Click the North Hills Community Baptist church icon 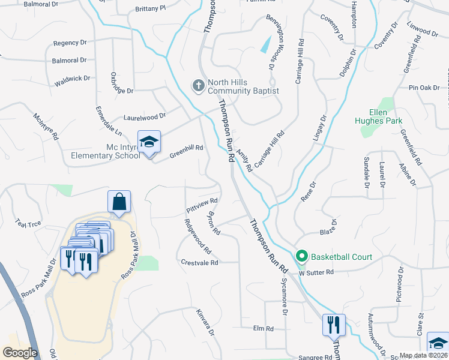pos(198,86)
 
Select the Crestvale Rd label pos(200,262)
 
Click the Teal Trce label pos(29,223)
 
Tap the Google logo pos(20,353)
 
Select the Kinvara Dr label pos(205,322)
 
